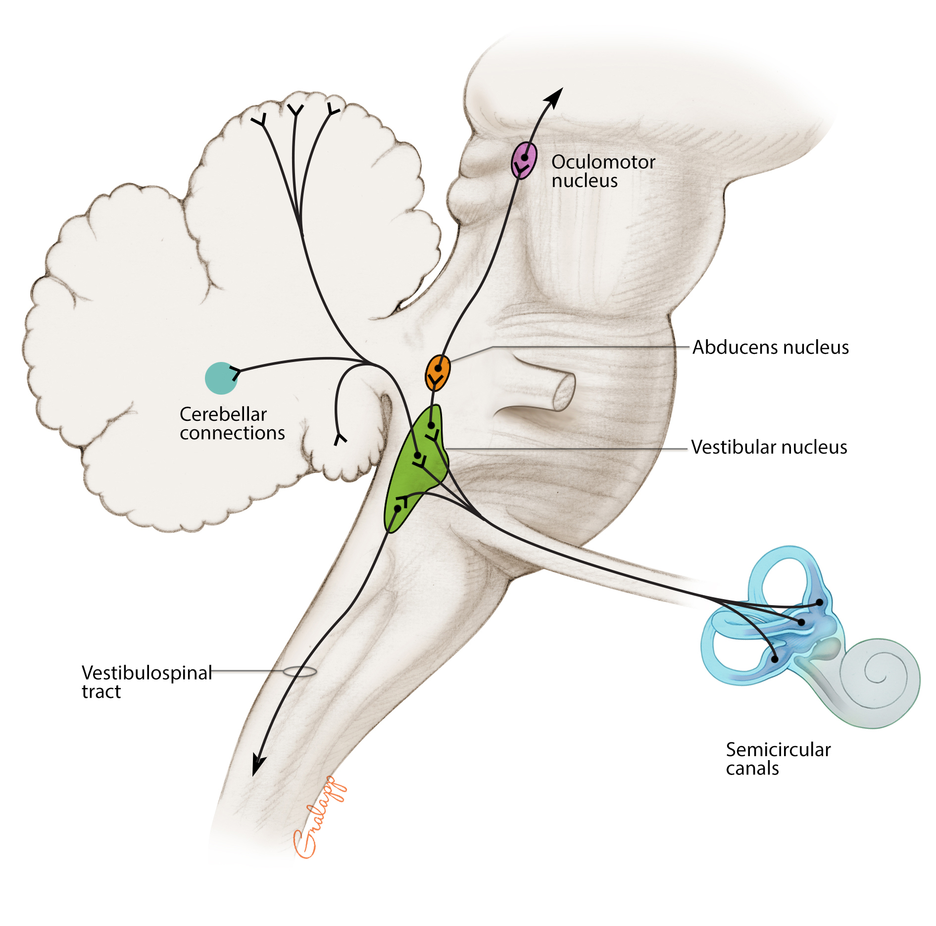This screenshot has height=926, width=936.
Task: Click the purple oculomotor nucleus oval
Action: pos(524,160)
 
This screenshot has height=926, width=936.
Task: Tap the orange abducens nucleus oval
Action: pos(438,372)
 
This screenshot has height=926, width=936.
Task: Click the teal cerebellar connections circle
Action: pos(221,378)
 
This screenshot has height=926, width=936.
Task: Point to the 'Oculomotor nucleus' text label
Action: pos(602,171)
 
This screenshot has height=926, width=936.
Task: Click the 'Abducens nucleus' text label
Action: pos(770,348)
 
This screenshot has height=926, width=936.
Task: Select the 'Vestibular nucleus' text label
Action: pos(769,447)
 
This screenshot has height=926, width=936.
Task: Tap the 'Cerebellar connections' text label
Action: pos(232,423)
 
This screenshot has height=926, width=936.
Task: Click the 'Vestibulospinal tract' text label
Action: pos(147,682)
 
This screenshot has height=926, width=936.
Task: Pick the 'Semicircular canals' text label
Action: pos(778,759)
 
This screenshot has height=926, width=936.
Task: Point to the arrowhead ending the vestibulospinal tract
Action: pos(258,765)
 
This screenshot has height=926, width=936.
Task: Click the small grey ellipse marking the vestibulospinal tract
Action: pos(299,671)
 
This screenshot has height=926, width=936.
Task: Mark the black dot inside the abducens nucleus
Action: pos(438,368)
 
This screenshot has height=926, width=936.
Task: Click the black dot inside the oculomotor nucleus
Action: pos(524,157)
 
